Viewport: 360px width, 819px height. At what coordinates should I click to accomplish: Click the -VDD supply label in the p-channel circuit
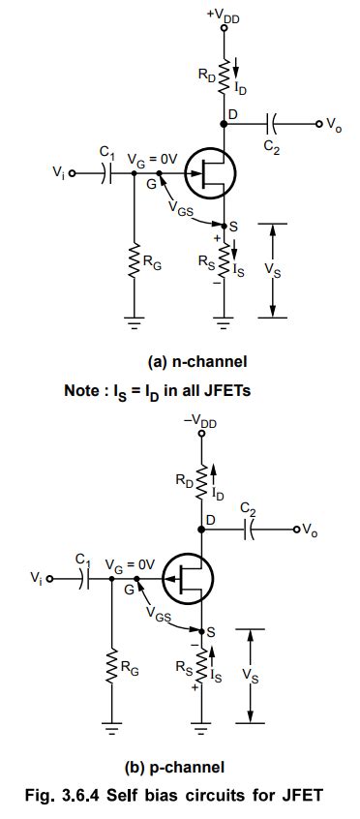[200, 421]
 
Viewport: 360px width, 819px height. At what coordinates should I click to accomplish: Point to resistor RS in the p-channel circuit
[200, 667]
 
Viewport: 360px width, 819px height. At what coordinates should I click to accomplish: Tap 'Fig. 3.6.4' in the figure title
[79, 797]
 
